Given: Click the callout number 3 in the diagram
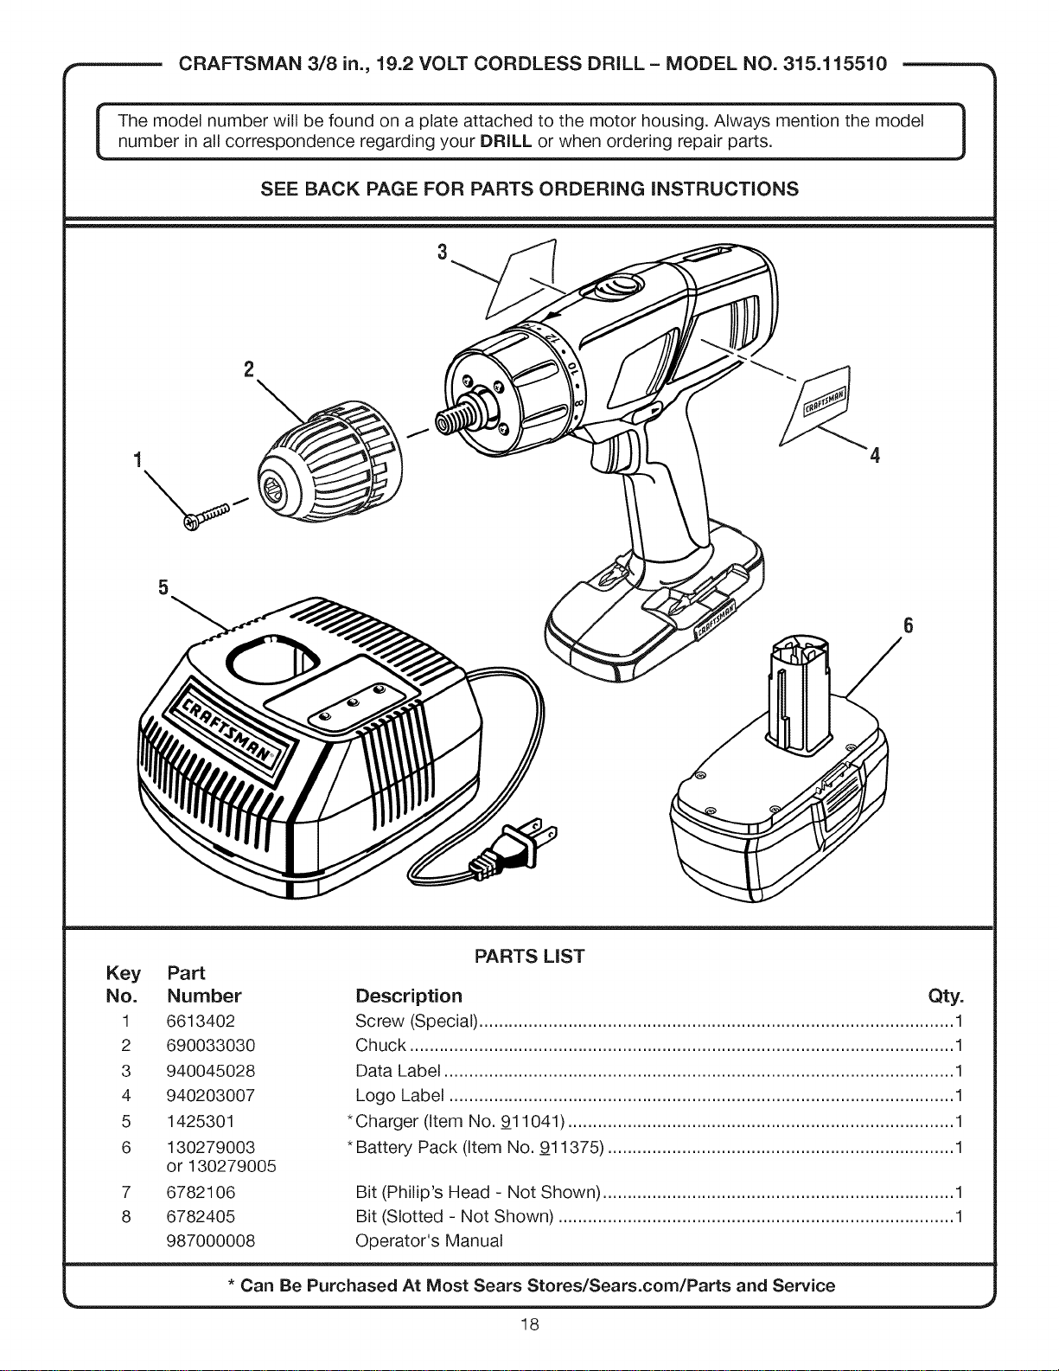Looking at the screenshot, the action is coord(443,253).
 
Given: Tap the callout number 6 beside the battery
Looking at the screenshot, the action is coord(908,625).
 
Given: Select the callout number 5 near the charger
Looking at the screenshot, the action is coord(163,587).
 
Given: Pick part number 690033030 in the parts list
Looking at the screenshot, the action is coord(211,1046).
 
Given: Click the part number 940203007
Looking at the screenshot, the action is coord(211,1095).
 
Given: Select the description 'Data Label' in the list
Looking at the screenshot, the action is coord(398,1071).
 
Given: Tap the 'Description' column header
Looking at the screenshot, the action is coord(408,996).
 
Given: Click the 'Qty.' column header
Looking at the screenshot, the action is coord(946,996).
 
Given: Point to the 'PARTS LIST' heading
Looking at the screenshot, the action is coord(529,957).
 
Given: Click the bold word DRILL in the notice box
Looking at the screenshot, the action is coord(506,141).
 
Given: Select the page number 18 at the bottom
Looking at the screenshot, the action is coord(529,1324).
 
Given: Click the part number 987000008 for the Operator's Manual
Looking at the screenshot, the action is coord(211,1241).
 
